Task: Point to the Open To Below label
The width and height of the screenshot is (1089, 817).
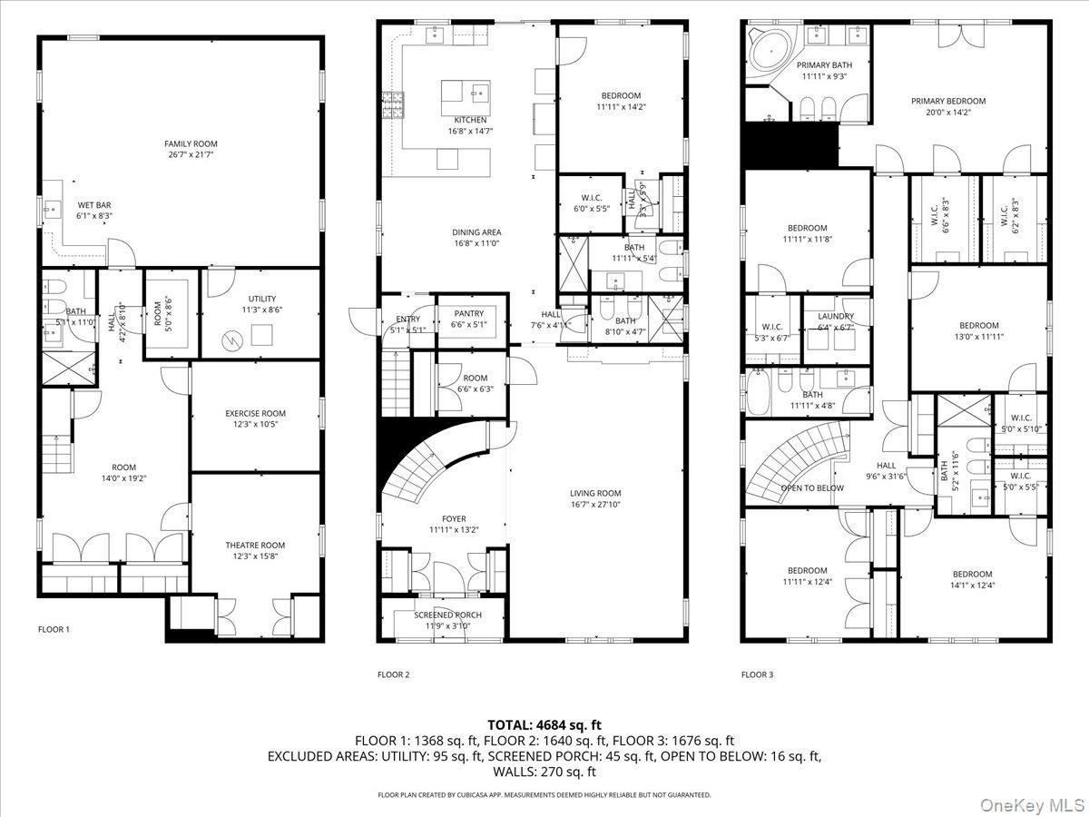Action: tap(811, 487)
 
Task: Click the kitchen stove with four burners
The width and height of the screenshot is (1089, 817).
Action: tap(393, 105)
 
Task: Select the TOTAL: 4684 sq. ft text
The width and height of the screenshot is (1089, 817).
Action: tap(544, 724)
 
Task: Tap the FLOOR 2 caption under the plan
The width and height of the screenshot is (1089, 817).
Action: tap(394, 674)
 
